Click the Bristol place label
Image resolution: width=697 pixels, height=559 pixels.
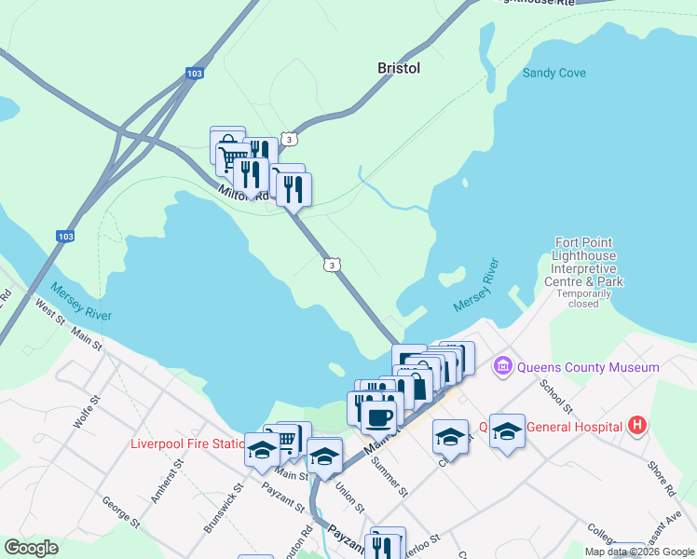tap(399, 68)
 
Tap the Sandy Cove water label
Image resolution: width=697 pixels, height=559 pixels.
tap(553, 73)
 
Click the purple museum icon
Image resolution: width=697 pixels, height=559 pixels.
tap(504, 366)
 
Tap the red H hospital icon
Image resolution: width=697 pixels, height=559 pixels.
tap(637, 427)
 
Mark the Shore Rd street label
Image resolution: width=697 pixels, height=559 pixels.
tap(661, 476)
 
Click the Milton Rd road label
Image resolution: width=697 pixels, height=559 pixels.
tap(244, 194)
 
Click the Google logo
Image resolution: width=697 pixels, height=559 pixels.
tap(31, 548)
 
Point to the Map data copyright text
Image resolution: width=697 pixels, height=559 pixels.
tap(639, 552)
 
